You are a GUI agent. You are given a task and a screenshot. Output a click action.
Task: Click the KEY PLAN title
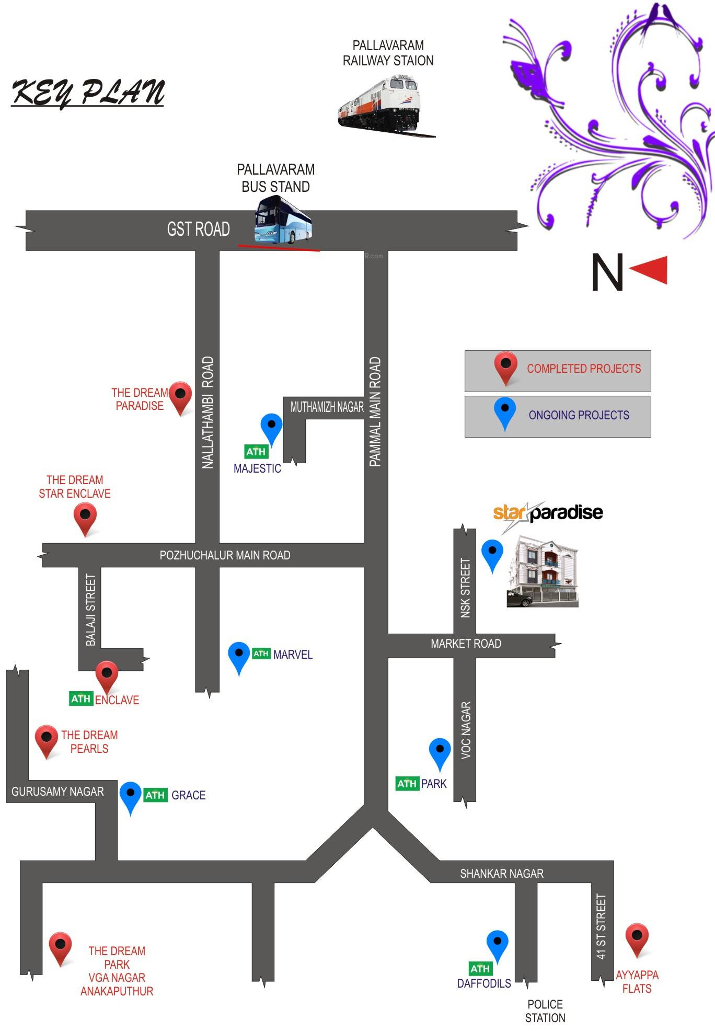(88, 93)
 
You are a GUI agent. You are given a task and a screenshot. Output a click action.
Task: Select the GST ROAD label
(198, 229)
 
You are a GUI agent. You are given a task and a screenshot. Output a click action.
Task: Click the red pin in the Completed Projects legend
(505, 365)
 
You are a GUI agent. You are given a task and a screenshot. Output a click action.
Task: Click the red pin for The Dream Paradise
(181, 396)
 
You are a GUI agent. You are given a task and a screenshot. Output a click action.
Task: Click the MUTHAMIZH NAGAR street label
(327, 407)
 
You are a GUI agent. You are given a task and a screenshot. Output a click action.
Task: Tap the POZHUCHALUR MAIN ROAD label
(225, 555)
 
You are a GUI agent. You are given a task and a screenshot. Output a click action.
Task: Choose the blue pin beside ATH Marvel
(239, 656)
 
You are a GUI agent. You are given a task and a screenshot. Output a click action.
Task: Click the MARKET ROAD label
(466, 644)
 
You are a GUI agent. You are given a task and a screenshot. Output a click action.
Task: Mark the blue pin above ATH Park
(440, 752)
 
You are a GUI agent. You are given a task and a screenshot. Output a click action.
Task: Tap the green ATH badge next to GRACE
(155, 795)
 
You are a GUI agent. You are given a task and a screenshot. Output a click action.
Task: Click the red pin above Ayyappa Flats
(637, 938)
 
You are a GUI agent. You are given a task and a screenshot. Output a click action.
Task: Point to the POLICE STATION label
(545, 1011)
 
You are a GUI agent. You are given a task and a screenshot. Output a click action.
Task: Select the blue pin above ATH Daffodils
(497, 944)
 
